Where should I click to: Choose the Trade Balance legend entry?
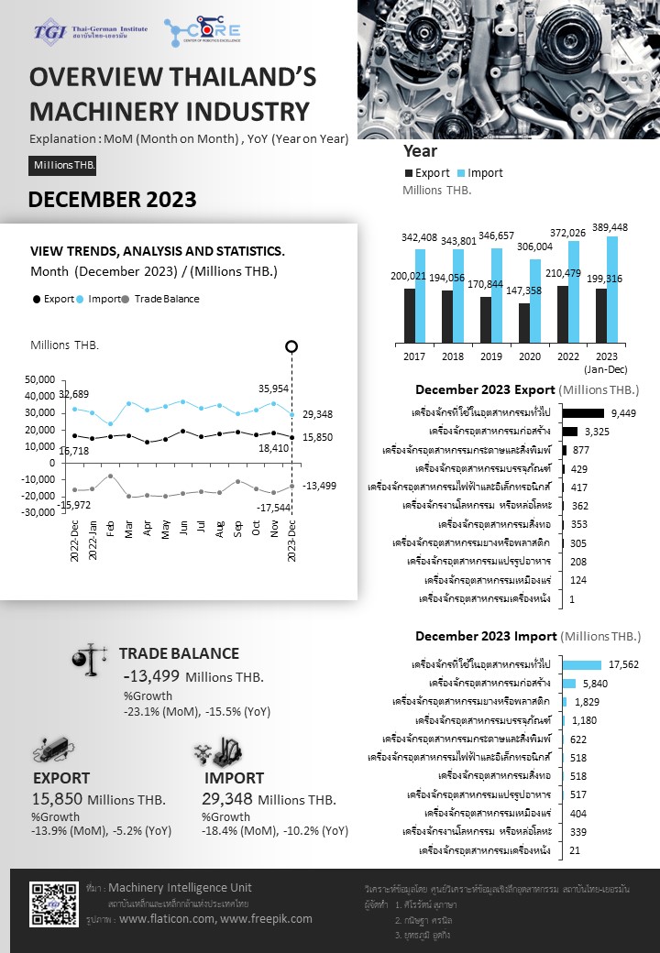[x=160, y=299]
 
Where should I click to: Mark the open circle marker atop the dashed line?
[x=291, y=346]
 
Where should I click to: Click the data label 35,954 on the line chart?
[x=274, y=388]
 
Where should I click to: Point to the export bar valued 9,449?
[x=583, y=413]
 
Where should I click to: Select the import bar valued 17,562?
[x=582, y=664]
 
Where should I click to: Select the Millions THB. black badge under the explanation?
[x=62, y=165]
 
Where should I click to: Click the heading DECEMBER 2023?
[x=112, y=200]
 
